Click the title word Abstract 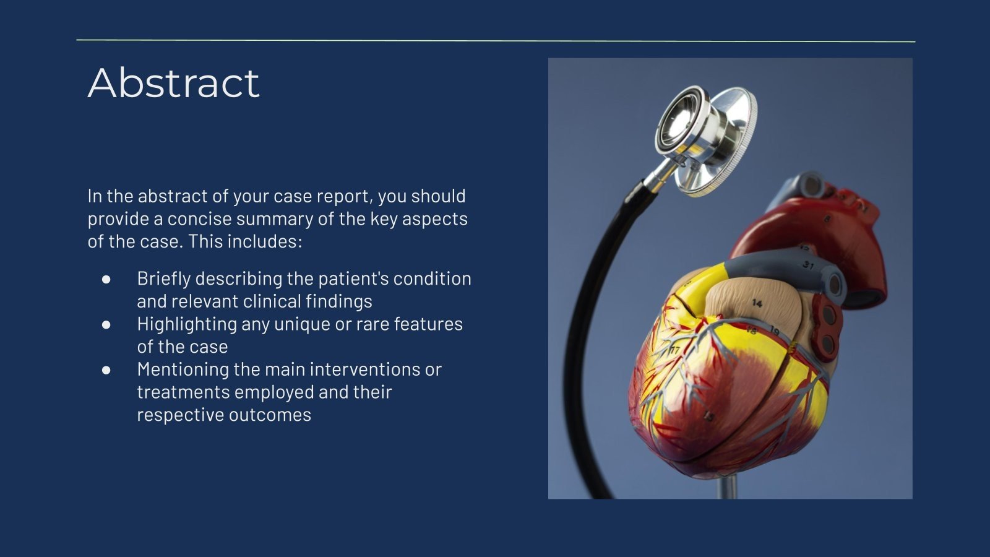(173, 83)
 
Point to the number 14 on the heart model (757, 303)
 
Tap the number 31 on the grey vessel (808, 265)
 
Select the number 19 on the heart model (773, 332)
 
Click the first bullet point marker (106, 279)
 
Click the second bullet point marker (106, 324)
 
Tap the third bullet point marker (106, 369)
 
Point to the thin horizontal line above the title (495, 41)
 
